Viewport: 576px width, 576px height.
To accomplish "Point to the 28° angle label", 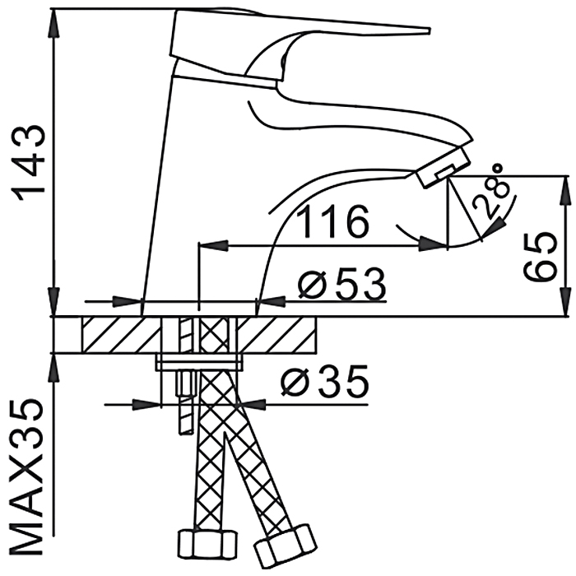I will [x=497, y=194].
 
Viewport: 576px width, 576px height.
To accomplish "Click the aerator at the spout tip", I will [x=442, y=168].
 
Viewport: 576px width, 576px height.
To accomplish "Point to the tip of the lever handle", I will [x=424, y=31].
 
